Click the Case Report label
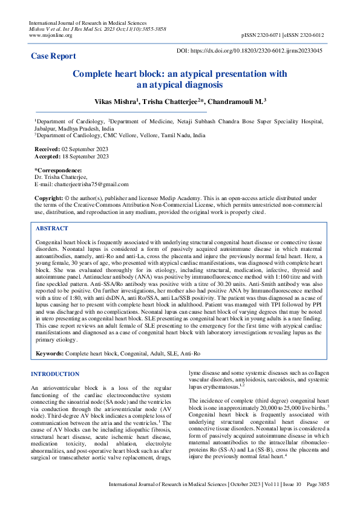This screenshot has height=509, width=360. coord(53,56)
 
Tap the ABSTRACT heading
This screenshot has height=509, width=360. coord(52,229)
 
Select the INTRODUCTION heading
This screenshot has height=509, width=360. coord(55,374)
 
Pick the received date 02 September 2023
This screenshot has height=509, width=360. coord(81,149)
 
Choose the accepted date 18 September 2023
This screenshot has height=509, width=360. coord(82,157)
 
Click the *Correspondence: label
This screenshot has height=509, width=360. coord(58,170)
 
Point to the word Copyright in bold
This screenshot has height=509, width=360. coord(48,198)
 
